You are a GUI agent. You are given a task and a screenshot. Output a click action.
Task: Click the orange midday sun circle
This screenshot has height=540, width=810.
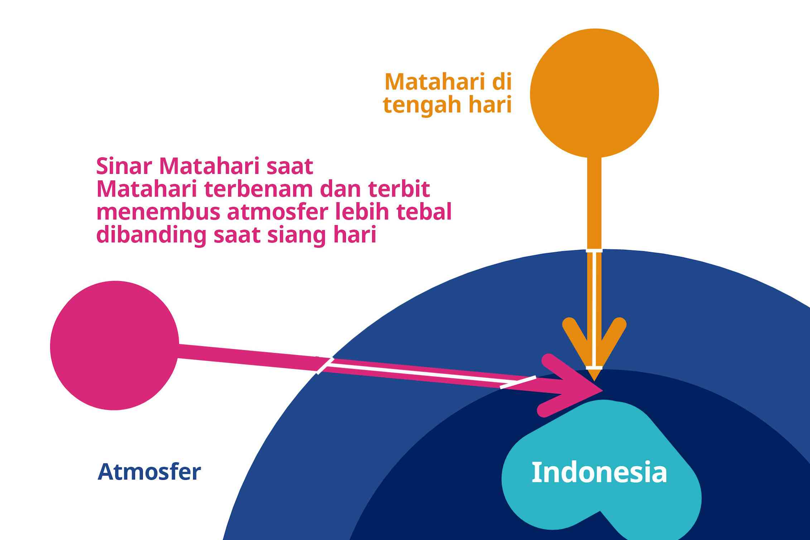tap(594, 93)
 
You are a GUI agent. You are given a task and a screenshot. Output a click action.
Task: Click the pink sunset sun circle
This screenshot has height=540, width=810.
tap(115, 345)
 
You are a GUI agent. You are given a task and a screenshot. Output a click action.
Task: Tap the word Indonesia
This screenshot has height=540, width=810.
tap(599, 472)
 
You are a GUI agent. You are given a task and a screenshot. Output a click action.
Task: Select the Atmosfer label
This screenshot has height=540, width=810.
tap(149, 472)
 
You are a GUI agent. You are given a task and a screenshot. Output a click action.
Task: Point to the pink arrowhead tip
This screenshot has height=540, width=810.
tap(603, 389)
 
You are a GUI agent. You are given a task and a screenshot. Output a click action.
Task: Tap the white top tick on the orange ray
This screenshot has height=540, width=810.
tap(594, 250)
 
